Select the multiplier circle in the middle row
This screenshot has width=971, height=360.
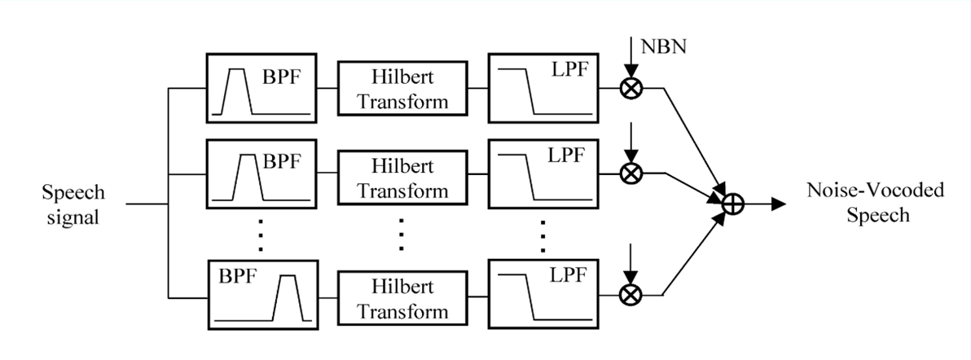[x=629, y=173]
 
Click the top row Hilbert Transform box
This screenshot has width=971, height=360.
[x=403, y=89]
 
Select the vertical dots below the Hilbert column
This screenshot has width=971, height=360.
[x=402, y=234]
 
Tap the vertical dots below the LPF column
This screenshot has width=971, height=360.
[x=543, y=234]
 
